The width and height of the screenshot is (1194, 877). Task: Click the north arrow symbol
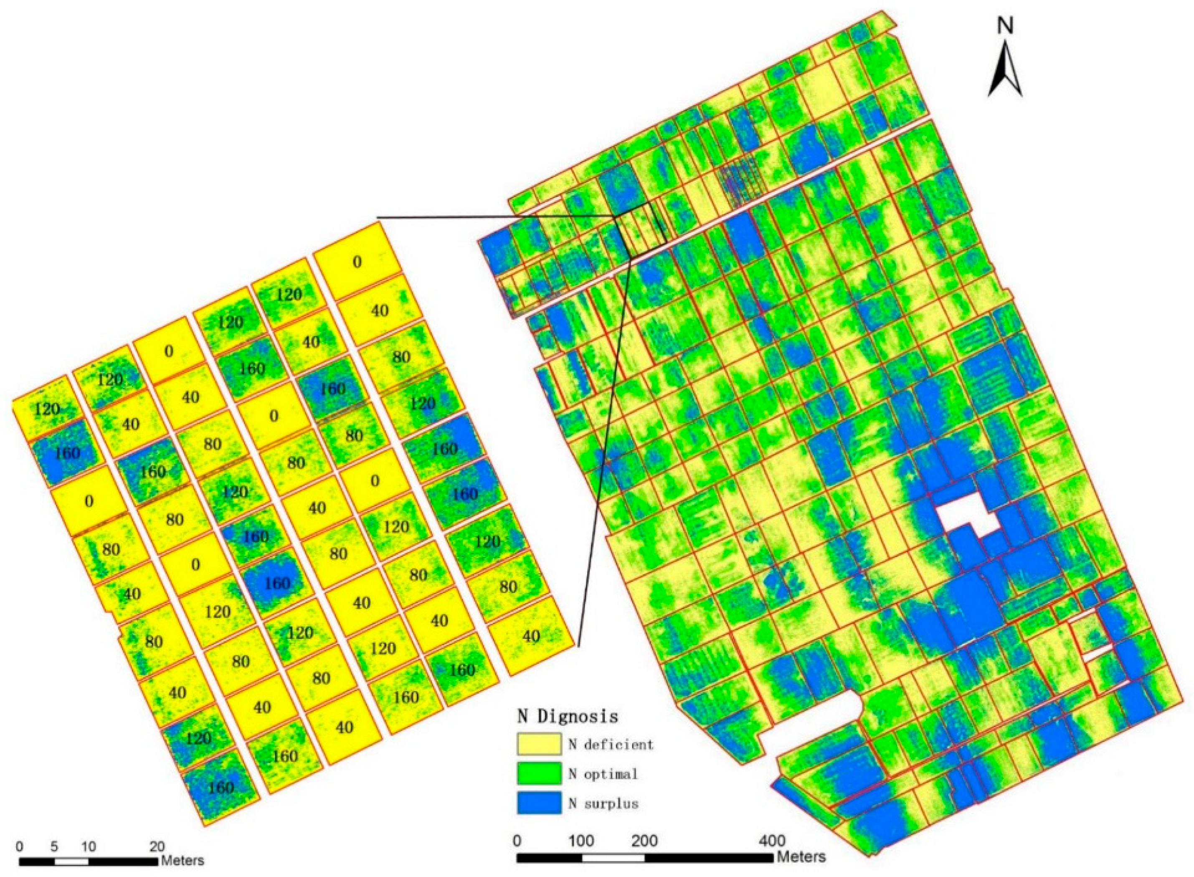click(x=1004, y=69)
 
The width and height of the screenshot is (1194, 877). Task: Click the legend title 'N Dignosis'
click(x=567, y=716)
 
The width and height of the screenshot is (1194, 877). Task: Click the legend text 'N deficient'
click(x=610, y=744)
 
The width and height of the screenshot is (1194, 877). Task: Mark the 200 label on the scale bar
click(x=644, y=841)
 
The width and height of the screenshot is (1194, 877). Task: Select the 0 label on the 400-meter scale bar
click(x=517, y=841)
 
